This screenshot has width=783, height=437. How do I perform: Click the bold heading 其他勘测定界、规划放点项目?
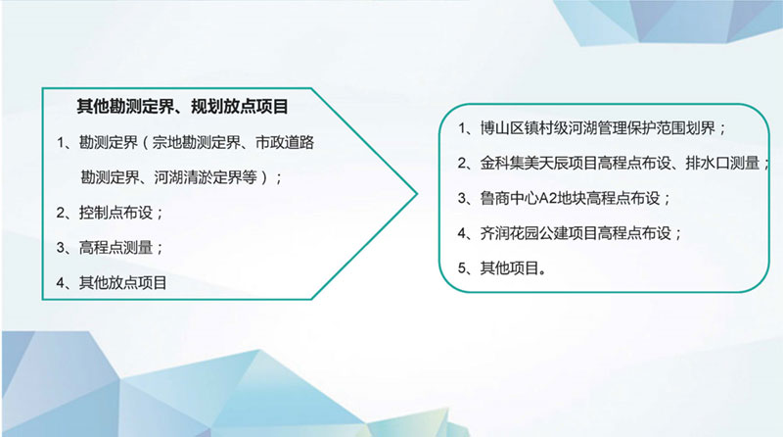[x=182, y=107]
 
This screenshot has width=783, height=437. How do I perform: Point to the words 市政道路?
[x=285, y=142]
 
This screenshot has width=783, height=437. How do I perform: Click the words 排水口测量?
[x=722, y=163]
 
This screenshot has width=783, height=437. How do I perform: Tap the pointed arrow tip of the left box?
[x=417, y=194]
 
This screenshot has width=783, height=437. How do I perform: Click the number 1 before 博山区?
[x=462, y=129]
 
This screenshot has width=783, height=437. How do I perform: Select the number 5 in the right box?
[x=462, y=269]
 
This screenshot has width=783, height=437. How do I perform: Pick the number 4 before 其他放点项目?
[x=61, y=283]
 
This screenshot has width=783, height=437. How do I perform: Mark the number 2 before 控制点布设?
[x=61, y=213]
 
